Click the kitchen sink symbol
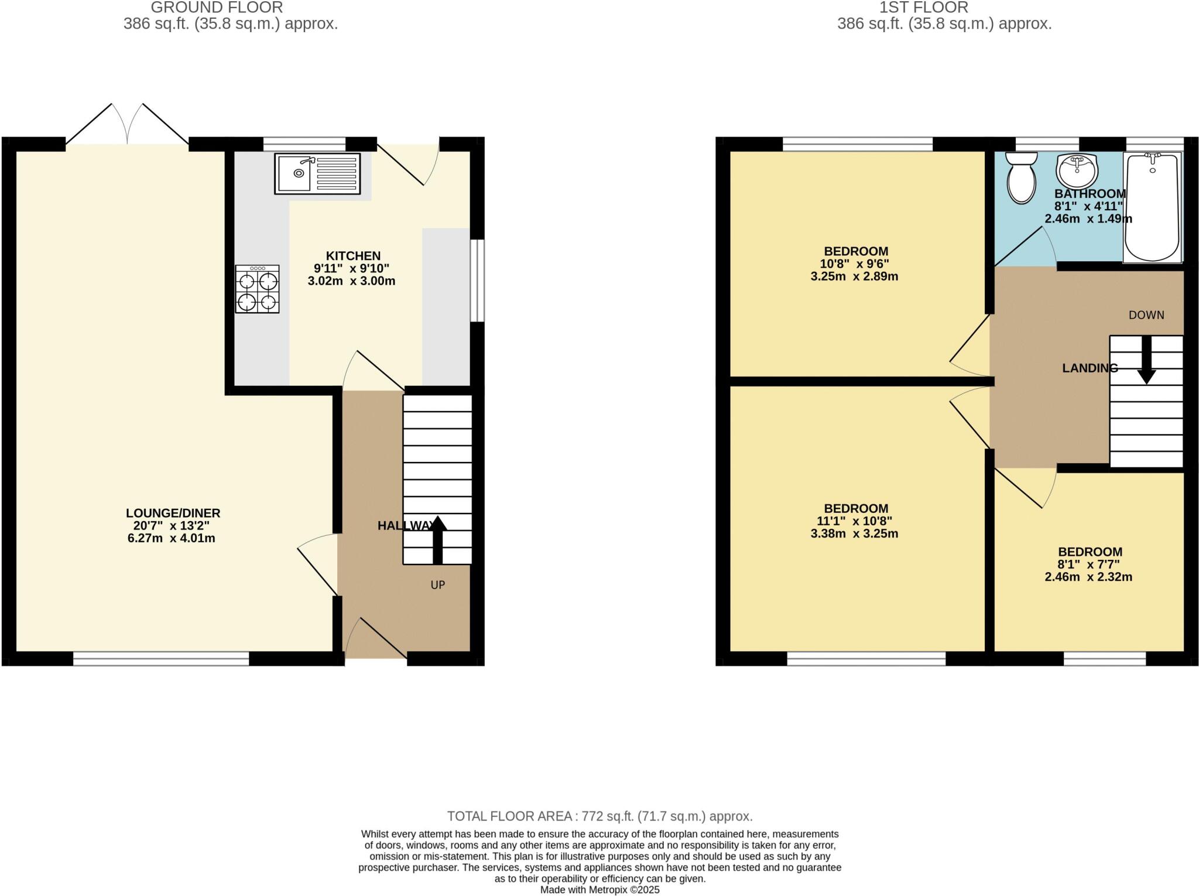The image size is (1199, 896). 317,174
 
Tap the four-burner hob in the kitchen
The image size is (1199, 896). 257,289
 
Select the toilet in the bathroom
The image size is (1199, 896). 1022,177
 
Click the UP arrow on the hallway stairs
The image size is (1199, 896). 437,539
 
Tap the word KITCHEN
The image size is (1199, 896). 353,256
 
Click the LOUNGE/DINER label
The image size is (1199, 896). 173,513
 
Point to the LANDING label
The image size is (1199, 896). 1090,368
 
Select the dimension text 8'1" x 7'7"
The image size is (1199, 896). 1089,565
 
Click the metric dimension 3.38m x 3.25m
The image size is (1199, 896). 854,534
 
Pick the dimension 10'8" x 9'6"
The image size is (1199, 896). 855,264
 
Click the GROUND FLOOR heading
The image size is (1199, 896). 217,8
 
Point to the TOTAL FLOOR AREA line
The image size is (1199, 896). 599,816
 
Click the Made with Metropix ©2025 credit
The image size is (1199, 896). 599,890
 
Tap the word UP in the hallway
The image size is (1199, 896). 438,584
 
